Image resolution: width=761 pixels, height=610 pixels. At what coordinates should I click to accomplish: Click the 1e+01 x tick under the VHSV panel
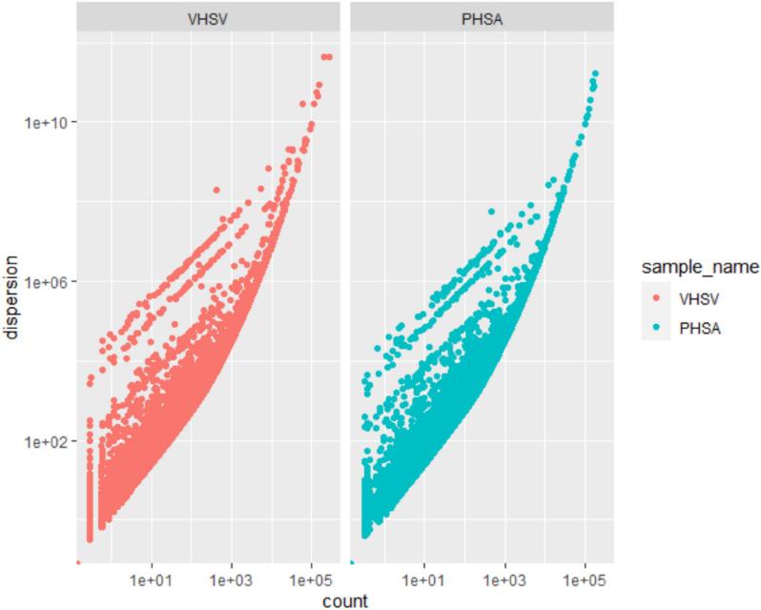coord(152,579)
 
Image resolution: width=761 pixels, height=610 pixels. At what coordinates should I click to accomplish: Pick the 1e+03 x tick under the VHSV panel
coord(231,579)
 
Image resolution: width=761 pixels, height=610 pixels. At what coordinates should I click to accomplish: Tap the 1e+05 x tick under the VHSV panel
coord(310,579)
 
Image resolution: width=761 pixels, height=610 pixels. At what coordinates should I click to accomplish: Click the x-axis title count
coord(343,600)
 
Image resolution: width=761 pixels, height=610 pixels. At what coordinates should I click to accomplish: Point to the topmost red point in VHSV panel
coord(326,57)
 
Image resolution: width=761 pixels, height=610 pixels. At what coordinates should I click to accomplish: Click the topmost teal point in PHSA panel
coord(595,73)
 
